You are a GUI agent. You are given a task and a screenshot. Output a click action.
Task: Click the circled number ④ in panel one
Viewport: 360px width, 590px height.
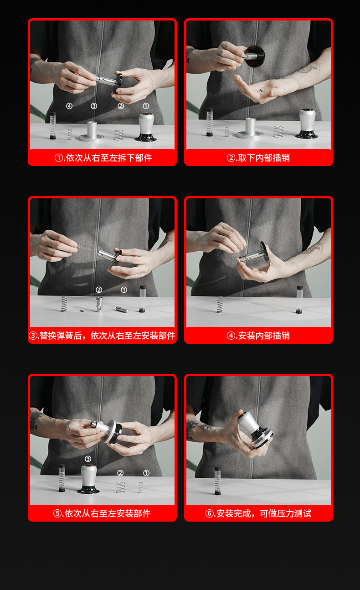(69, 106)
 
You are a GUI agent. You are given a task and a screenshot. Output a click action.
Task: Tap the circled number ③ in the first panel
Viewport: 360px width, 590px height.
(94, 106)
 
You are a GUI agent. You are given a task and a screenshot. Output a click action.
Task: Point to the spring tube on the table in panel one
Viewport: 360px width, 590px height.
(53, 125)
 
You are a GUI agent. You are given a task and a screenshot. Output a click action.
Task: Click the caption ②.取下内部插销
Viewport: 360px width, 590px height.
(258, 158)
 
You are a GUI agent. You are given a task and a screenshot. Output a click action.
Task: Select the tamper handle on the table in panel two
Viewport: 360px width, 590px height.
(307, 124)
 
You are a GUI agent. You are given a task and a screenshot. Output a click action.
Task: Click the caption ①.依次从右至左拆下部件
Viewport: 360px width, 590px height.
(103, 158)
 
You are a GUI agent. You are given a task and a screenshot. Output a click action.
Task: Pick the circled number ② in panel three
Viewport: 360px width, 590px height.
(99, 290)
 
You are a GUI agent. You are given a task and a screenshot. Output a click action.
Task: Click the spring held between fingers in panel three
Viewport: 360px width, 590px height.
(84, 247)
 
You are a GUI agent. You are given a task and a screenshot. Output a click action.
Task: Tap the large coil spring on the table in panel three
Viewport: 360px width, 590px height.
(64, 304)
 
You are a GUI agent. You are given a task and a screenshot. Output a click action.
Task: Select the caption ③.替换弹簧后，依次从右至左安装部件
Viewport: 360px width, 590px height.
(102, 336)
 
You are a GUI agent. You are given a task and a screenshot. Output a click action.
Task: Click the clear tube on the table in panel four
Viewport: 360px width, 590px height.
(300, 300)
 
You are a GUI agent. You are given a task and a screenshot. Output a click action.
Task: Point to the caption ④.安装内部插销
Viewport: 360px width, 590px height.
(258, 336)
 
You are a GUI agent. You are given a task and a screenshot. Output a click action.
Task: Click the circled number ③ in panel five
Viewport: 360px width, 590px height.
(88, 459)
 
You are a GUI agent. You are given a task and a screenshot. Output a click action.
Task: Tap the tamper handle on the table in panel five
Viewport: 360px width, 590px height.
(88, 479)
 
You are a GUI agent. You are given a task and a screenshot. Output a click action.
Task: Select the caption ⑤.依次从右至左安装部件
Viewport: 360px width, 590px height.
(102, 513)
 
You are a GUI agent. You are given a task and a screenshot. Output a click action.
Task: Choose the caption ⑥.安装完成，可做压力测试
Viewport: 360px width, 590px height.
(258, 513)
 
